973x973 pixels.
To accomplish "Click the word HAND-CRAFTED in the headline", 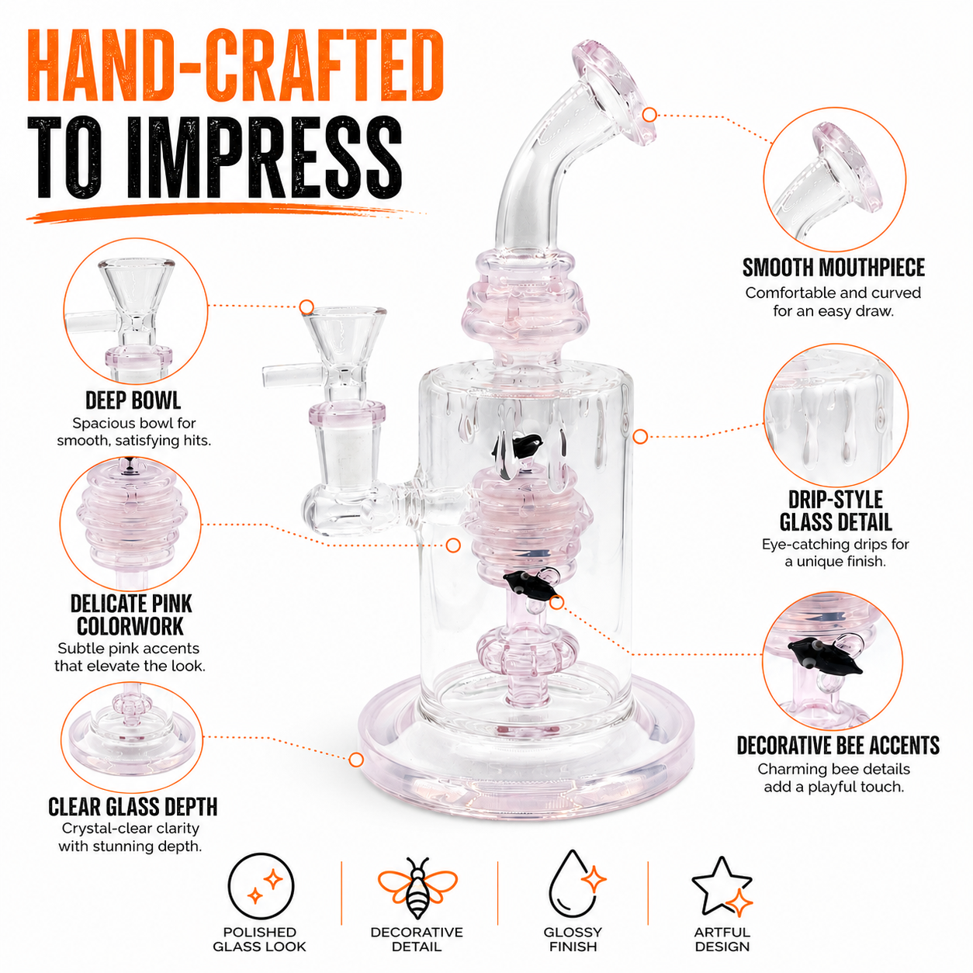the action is (235, 66).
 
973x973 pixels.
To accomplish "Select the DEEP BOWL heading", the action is (133, 400).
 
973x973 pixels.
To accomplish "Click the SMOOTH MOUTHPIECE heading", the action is (833, 268).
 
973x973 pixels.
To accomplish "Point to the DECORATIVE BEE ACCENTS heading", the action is (838, 746).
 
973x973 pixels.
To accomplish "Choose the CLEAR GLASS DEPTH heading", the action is (133, 807).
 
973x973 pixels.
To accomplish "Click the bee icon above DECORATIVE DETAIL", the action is (417, 888).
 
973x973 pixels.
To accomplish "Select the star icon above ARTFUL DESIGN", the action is (722, 887).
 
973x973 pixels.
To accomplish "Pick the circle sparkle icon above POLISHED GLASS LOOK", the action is (261, 886).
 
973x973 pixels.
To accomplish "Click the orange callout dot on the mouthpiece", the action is (649, 115).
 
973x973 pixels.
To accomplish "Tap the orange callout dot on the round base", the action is (356, 760).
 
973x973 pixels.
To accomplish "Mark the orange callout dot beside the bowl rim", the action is (306, 306).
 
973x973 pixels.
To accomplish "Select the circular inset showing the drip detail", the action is (836, 415).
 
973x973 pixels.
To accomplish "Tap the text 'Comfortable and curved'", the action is (833, 293).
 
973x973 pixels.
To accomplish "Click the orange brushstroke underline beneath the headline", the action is (222, 212).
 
